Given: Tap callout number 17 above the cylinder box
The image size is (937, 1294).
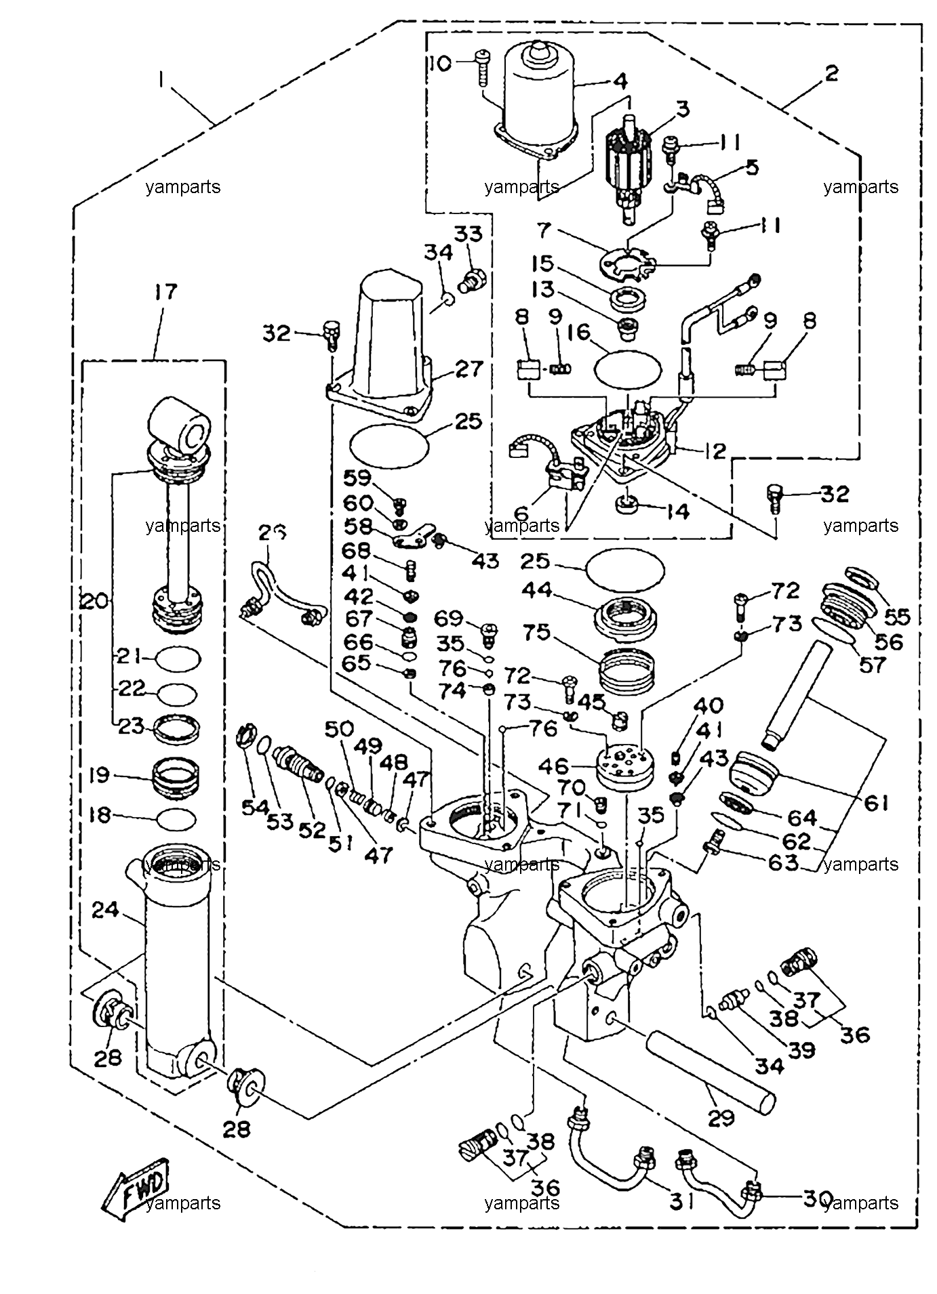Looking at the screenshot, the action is coord(165,293).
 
